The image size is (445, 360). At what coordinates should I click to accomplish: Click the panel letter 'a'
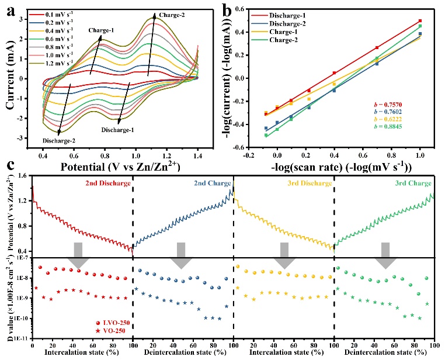(x=12, y=11)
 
